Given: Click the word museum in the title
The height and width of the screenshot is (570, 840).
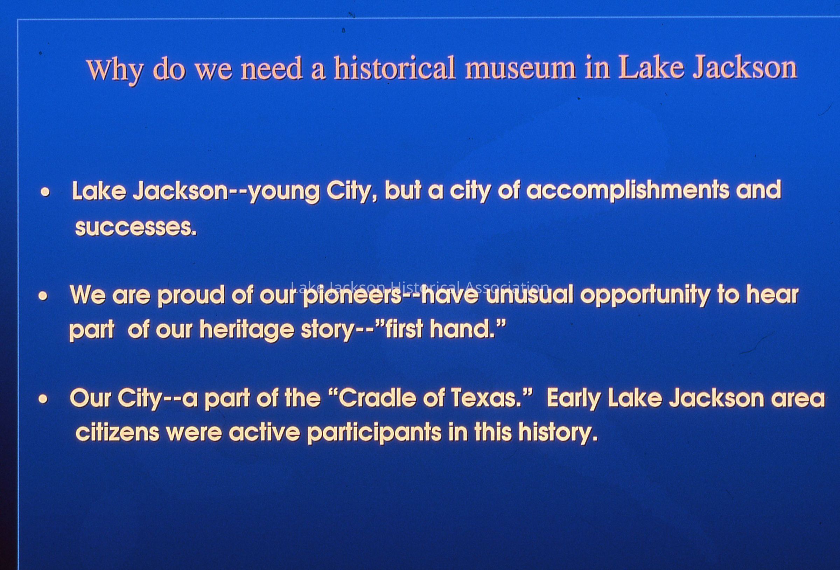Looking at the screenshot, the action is (520, 68).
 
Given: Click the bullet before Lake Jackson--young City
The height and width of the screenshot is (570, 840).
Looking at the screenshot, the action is (45, 193).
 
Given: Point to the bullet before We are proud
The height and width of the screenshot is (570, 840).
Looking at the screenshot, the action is (43, 296).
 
